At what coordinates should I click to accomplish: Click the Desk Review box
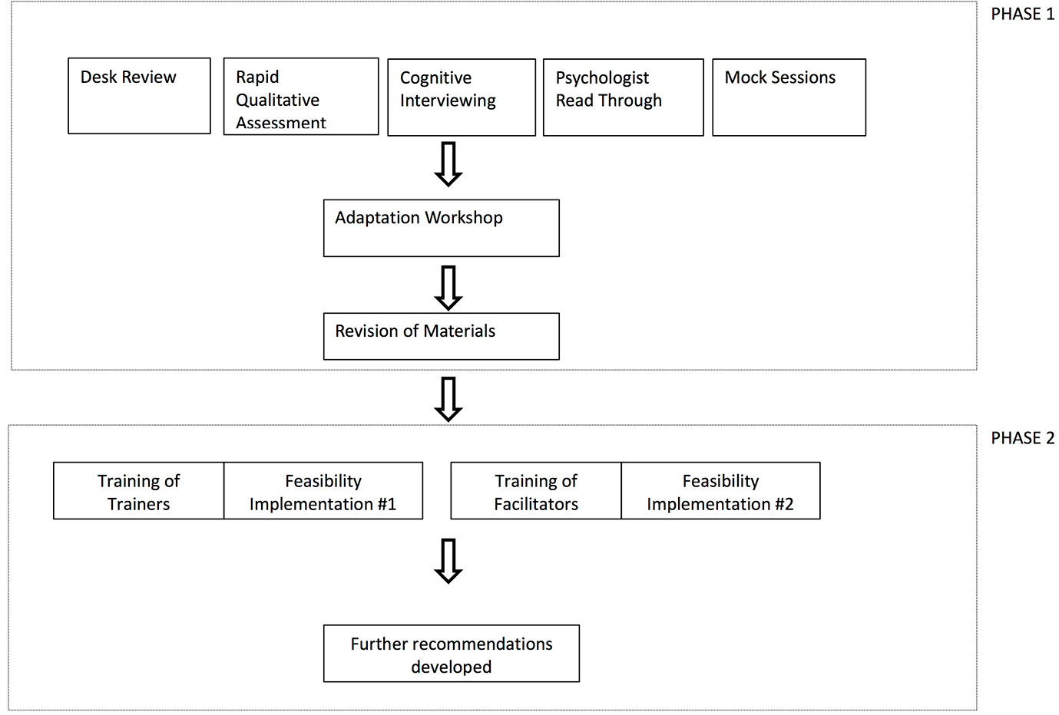[139, 96]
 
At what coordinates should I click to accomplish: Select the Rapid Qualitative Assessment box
[301, 97]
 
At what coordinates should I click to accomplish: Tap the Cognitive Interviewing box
[462, 97]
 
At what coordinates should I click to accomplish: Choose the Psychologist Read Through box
[623, 97]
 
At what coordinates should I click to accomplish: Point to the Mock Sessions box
[789, 97]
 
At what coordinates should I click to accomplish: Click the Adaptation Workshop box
[441, 228]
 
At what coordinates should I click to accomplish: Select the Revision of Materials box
[441, 336]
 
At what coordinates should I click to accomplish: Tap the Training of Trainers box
[138, 491]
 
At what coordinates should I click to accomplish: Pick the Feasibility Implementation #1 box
[323, 491]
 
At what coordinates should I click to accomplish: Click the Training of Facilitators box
[536, 491]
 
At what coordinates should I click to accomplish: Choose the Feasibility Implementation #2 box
[720, 491]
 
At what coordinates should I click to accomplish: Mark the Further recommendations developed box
[451, 654]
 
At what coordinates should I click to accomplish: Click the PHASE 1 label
[1023, 14]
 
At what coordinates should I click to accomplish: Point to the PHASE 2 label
[1023, 438]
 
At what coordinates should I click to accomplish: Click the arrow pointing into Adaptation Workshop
[448, 164]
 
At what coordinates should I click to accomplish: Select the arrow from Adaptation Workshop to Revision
[448, 288]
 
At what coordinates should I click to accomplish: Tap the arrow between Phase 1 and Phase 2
[448, 399]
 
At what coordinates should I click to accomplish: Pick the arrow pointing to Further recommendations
[448, 561]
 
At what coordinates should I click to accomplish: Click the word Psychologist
[602, 78]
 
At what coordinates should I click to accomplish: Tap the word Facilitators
[536, 504]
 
